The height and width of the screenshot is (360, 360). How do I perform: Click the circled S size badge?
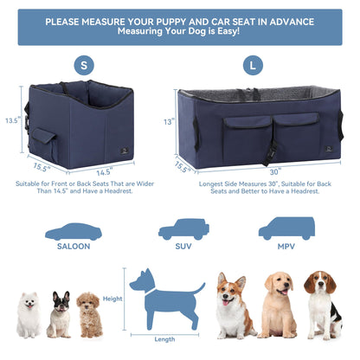pos(84,66)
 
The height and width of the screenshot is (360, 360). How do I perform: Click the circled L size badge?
pos(253,66)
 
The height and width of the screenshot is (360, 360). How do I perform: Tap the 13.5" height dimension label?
pos(13,120)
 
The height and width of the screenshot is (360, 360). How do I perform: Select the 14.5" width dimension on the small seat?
pos(104,172)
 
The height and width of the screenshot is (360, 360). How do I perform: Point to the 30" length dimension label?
pos(275,172)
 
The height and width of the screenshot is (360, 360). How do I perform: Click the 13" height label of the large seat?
pos(169,122)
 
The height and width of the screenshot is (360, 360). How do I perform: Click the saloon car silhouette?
pos(74,232)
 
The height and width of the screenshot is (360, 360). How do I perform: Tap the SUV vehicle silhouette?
pos(183,229)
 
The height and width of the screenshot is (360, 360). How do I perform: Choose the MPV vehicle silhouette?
pos(286,228)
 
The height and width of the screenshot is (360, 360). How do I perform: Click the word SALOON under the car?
pos(74,247)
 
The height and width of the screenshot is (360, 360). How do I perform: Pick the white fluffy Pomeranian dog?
pos(29,315)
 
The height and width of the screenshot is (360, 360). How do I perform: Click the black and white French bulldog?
pos(60,314)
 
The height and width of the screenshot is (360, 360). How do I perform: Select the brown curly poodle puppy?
pos(90,315)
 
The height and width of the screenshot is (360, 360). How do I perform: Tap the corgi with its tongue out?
pos(235,305)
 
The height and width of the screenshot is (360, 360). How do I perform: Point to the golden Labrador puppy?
pos(279,305)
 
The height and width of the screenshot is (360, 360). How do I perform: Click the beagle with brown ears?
pos(323,305)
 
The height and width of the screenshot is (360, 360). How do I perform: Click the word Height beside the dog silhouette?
pos(112,299)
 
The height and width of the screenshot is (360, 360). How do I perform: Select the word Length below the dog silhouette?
pos(164,339)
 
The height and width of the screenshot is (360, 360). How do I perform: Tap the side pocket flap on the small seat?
pos(43,136)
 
